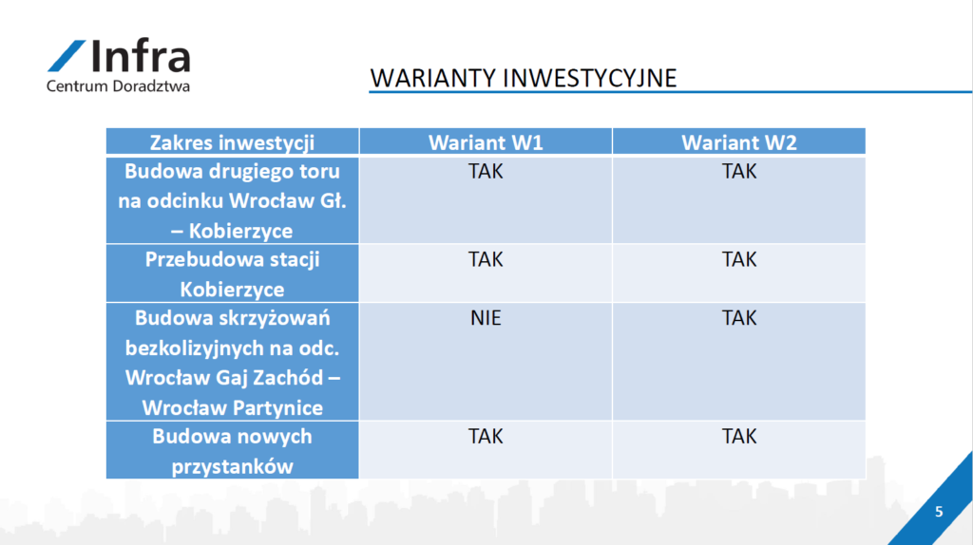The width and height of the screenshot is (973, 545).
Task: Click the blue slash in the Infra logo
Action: [x=67, y=56]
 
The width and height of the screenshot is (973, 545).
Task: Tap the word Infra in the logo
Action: [x=141, y=55]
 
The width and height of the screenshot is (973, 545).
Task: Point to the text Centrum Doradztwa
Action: [x=118, y=85]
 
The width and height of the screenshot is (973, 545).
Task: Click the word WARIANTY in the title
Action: [x=433, y=78]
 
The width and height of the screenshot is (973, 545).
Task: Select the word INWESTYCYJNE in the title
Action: [x=589, y=78]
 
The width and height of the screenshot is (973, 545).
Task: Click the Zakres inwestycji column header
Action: [x=232, y=142]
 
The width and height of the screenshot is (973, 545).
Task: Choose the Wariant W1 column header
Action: [x=486, y=142]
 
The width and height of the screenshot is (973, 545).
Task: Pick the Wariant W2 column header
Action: [x=738, y=142]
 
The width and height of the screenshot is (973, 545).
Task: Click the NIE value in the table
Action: [x=486, y=318]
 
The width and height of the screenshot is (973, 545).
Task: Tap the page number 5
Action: [x=939, y=512]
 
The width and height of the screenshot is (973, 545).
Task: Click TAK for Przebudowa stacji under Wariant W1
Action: [x=486, y=259]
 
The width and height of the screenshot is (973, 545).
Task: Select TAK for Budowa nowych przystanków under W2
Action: [x=738, y=437]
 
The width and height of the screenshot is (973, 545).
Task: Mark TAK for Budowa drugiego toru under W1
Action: [x=486, y=171]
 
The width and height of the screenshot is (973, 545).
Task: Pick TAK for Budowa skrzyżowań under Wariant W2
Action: [x=738, y=318]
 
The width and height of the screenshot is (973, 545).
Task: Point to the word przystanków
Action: [x=232, y=466]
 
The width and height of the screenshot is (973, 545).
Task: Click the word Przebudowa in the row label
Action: [x=200, y=259]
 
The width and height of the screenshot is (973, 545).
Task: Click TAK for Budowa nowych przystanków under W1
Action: [x=486, y=437]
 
